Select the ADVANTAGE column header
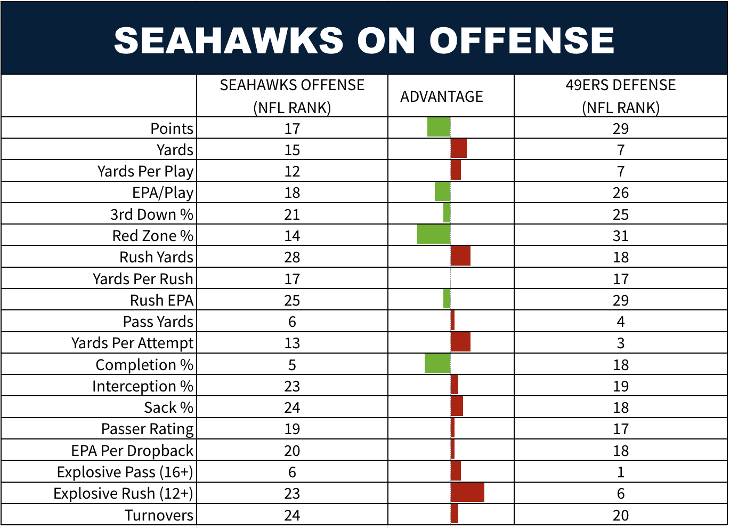(442, 97)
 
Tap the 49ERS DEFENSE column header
(620, 96)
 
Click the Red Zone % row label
(152, 236)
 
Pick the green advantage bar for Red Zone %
(434, 234)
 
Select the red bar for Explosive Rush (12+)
(467, 492)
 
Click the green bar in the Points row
(439, 127)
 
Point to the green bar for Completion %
(437, 363)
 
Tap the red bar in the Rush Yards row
(460, 256)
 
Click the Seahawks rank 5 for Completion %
(292, 365)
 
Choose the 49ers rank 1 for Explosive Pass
(620, 472)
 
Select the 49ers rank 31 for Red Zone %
(620, 236)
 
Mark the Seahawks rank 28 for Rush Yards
(292, 257)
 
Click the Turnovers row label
(159, 515)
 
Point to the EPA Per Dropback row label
(132, 451)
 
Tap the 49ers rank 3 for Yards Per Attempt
(620, 343)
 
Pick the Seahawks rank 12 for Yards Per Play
(292, 171)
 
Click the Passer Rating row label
(147, 429)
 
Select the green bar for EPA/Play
(442, 191)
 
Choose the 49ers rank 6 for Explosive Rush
(620, 493)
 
